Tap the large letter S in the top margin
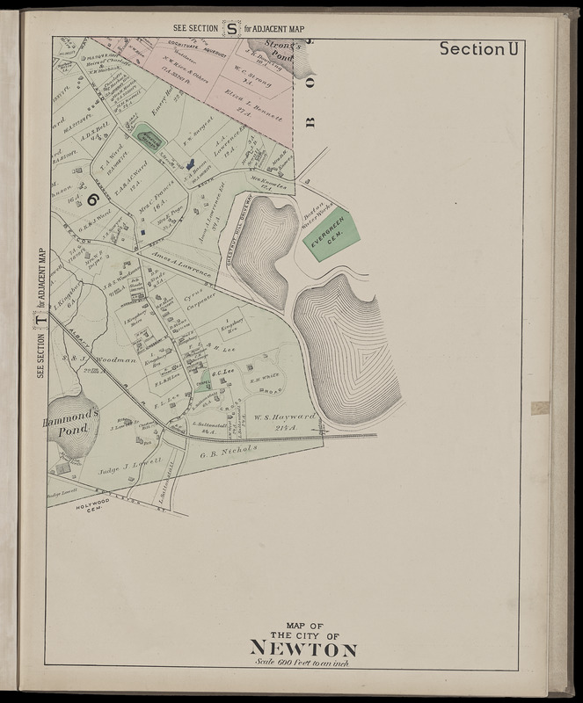click(231, 28)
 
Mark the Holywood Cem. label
click(92, 511)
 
